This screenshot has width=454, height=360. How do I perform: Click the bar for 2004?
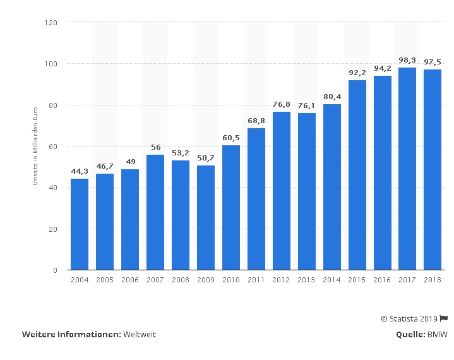point(80,224)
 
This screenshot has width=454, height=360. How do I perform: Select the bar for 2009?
point(206,217)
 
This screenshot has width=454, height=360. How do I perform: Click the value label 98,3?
point(407,60)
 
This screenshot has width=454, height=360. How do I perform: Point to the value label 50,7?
point(206,158)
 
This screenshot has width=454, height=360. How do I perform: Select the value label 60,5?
point(231,138)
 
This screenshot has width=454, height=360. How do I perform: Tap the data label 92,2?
point(357,73)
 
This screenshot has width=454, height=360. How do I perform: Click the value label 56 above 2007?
point(155,147)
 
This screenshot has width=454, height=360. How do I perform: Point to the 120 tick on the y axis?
point(52,23)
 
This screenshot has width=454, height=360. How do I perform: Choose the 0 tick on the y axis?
point(56,270)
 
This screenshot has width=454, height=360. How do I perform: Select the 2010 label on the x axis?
point(231,280)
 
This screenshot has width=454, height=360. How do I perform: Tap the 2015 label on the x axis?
point(357,280)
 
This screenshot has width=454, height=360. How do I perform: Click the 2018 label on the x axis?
point(433,280)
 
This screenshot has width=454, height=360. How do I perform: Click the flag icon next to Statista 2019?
point(445,319)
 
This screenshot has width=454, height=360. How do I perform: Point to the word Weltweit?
point(140,334)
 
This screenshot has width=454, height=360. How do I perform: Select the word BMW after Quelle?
point(438,334)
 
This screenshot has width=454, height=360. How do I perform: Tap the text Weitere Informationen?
point(71,334)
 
